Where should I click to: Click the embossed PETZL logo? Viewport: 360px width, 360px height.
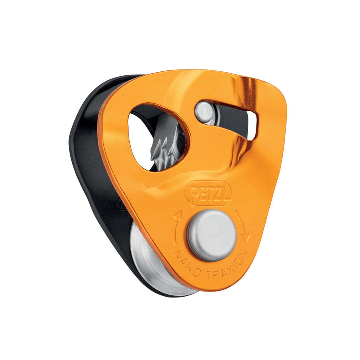(x=209, y=193)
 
